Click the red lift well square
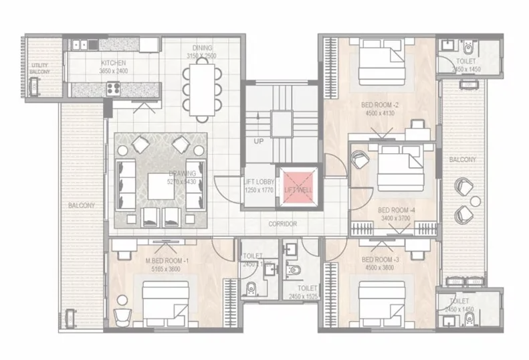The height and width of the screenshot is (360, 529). [x=298, y=184]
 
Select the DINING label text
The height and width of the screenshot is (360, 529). [x=202, y=48]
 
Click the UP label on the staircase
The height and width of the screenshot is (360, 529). [x=258, y=142]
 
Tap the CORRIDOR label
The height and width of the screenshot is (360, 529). [x=283, y=224]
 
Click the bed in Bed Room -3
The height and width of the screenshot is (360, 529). [x=381, y=300]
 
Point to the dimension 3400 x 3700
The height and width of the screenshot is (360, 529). [x=397, y=218]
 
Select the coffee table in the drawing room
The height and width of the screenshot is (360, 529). [x=163, y=186]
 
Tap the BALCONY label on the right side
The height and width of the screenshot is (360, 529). [x=462, y=160]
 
